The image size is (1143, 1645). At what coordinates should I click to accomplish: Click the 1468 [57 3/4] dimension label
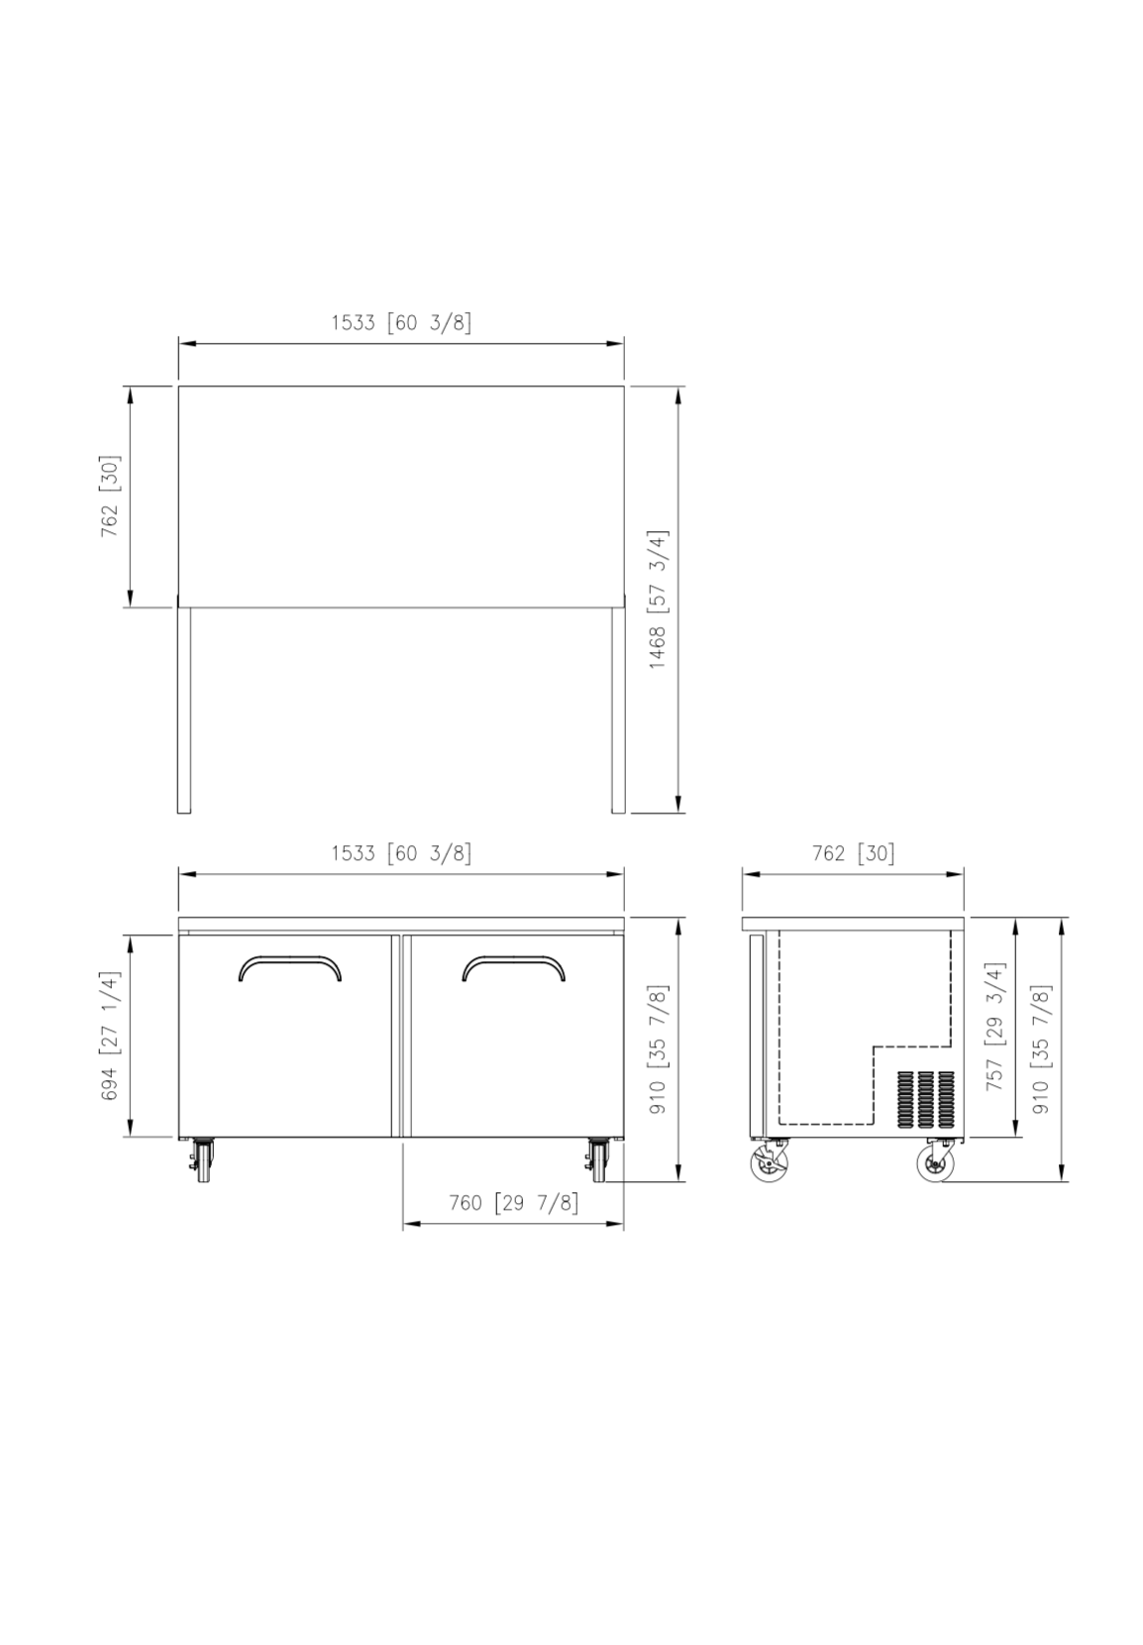[657, 599]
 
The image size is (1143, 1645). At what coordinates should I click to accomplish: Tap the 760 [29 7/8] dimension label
[513, 1203]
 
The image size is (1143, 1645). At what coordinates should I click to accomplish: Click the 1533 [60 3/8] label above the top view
[401, 322]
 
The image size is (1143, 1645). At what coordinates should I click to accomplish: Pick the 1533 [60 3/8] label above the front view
[401, 853]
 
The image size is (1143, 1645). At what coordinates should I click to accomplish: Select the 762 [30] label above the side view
[853, 853]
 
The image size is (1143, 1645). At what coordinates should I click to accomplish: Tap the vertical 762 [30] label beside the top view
[109, 495]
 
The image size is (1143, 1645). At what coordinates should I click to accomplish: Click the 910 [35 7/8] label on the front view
[657, 1049]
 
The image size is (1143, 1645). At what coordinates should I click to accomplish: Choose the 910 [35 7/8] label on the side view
[1042, 1049]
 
